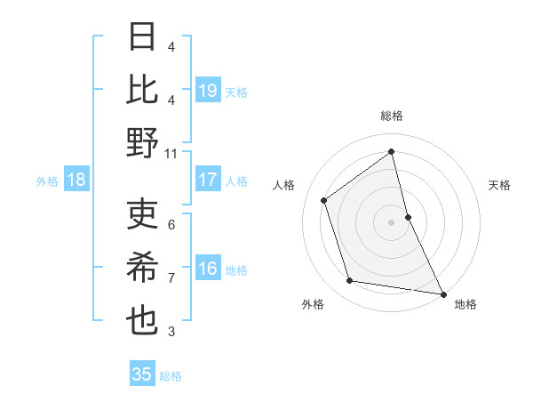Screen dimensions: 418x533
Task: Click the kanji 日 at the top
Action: [x=143, y=39]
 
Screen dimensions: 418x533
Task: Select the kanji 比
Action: [x=143, y=91]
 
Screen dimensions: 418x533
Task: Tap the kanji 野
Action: [x=143, y=142]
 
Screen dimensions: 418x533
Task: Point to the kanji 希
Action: [x=143, y=269]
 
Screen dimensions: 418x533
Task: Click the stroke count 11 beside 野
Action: [x=171, y=153]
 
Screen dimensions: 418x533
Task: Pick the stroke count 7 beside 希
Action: [x=171, y=277]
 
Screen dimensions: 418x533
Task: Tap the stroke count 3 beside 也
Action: [x=171, y=332]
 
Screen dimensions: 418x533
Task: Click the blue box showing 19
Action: [x=207, y=91]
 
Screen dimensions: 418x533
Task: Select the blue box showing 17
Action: [x=207, y=180]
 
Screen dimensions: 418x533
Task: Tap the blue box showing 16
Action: [x=207, y=269]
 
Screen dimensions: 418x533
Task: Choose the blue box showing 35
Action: [x=142, y=374]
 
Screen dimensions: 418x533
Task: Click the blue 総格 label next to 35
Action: [x=171, y=376]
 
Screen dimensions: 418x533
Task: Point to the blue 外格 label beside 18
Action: [x=47, y=181]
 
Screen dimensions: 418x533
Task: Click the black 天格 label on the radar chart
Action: [x=499, y=185]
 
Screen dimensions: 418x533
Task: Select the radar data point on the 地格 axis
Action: [x=442, y=293]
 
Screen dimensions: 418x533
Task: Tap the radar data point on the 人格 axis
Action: [x=324, y=200]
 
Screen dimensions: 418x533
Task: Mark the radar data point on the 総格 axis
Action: [x=391, y=152]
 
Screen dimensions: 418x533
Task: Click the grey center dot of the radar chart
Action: [x=391, y=221]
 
